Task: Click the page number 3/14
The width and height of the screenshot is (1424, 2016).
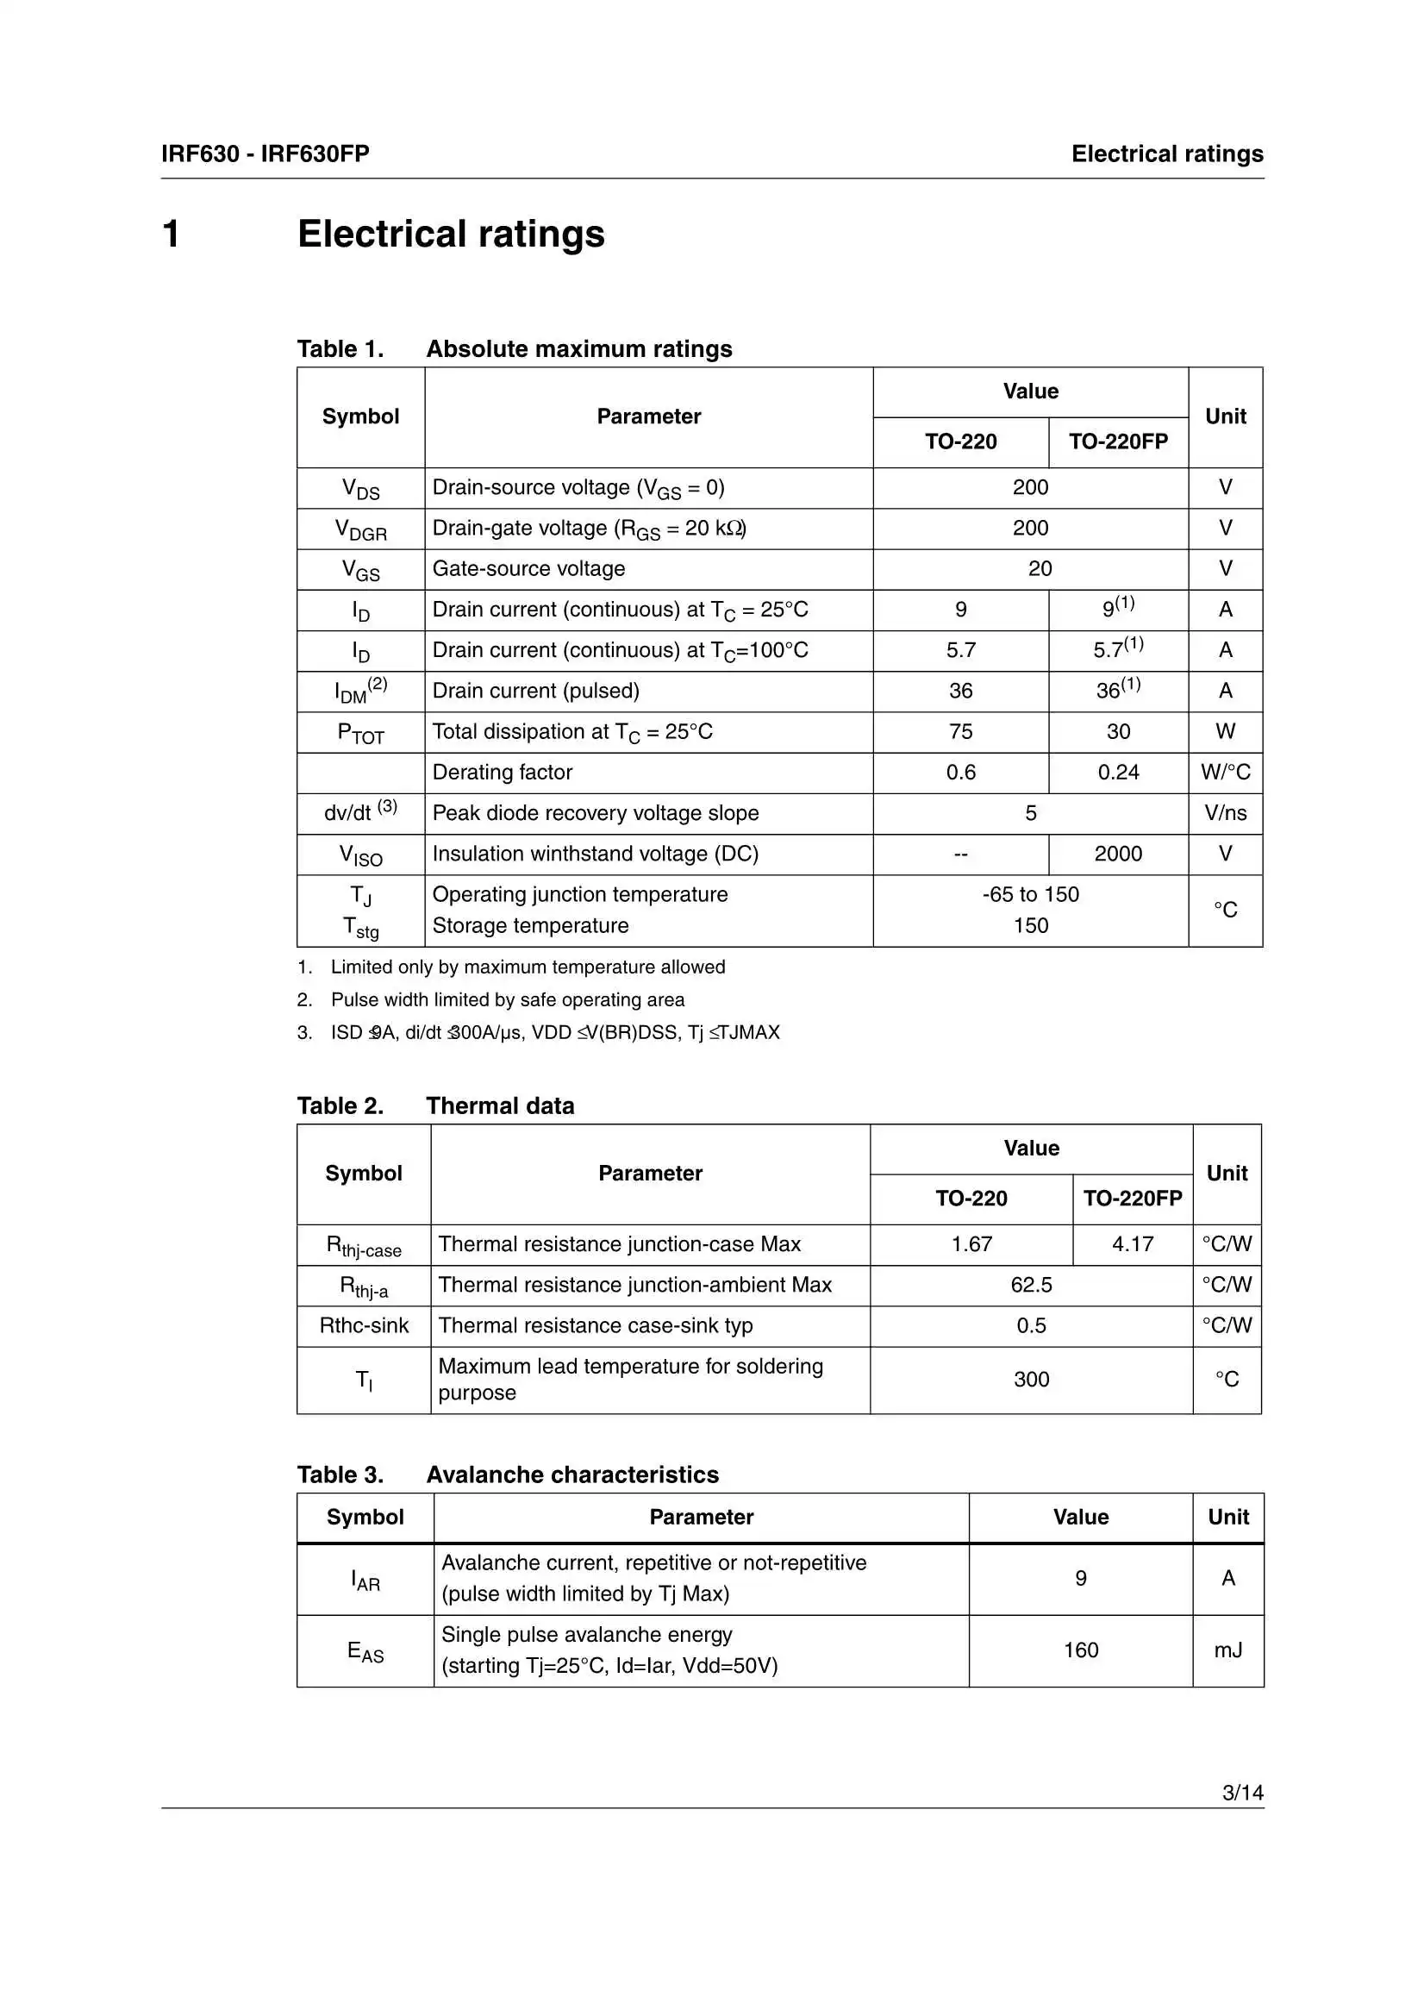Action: coord(1241,1792)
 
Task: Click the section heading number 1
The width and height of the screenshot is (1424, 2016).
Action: coord(172,235)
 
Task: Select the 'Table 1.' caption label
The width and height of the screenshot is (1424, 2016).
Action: coord(340,348)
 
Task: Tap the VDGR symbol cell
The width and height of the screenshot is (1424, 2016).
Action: coord(360,529)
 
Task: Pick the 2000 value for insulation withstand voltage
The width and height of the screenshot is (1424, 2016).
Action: coord(1118,854)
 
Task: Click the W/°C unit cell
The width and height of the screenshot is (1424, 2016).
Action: coord(1225,773)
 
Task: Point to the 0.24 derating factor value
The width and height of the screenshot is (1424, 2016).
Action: coord(1118,773)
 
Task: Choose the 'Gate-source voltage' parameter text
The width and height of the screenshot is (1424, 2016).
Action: coord(528,569)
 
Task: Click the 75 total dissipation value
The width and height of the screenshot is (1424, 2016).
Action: coord(960,731)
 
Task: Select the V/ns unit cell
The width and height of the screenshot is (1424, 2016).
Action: coord(1225,813)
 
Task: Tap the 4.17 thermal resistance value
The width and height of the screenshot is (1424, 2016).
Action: coord(1132,1244)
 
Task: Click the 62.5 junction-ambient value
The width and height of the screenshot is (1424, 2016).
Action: coord(1031,1285)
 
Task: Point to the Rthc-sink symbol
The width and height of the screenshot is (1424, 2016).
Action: coord(364,1325)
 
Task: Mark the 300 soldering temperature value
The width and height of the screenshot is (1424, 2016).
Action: coord(1031,1380)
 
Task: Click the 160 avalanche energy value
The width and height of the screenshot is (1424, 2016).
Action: coord(1080,1650)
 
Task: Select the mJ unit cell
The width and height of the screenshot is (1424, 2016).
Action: coord(1227,1650)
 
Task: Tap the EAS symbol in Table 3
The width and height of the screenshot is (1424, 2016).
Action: coord(365,1651)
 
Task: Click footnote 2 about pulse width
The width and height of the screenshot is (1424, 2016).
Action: coord(507,999)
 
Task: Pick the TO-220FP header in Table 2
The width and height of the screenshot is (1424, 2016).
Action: coord(1132,1199)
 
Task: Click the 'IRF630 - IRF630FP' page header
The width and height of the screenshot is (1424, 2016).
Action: coord(265,154)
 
